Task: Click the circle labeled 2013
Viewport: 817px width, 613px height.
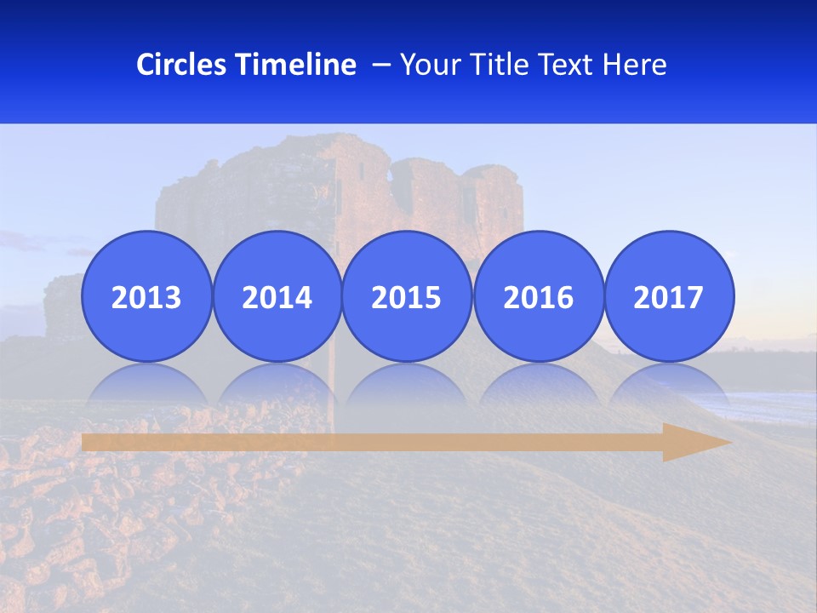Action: [x=146, y=296]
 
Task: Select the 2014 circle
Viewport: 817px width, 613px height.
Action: [x=277, y=296]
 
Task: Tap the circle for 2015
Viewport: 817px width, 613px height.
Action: [x=407, y=296]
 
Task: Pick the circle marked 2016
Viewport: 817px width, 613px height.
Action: [x=539, y=296]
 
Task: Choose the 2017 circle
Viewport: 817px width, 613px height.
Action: [x=669, y=296]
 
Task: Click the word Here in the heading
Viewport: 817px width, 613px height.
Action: [x=635, y=65]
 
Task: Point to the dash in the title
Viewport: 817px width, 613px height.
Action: [x=381, y=65]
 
